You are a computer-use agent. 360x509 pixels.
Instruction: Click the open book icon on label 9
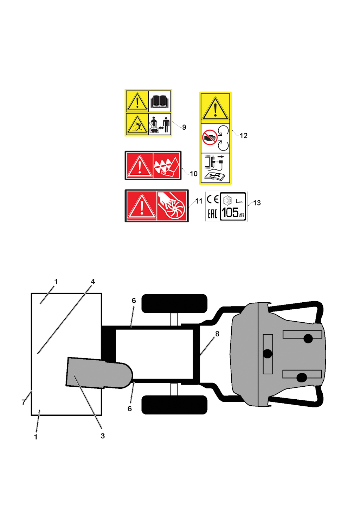pyautogui.click(x=159, y=101)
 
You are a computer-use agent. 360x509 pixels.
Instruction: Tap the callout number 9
pyautogui.click(x=184, y=127)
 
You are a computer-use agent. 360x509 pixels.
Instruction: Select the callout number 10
pyautogui.click(x=193, y=174)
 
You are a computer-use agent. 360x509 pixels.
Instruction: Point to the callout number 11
pyautogui.click(x=199, y=201)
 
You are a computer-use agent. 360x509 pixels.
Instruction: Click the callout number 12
pyautogui.click(x=243, y=136)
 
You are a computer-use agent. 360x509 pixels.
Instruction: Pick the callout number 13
pyautogui.click(x=257, y=203)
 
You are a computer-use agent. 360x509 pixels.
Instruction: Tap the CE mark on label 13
pyautogui.click(x=213, y=199)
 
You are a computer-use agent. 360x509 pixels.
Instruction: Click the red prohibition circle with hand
pyautogui.click(x=210, y=137)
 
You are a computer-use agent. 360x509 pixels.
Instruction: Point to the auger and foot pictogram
pyautogui.click(x=167, y=166)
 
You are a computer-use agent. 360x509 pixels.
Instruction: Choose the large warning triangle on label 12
pyautogui.click(x=215, y=108)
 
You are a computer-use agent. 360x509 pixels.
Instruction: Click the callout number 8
pyautogui.click(x=217, y=334)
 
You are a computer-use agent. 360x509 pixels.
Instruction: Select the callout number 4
pyautogui.click(x=93, y=282)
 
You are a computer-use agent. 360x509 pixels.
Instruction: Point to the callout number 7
pyautogui.click(x=24, y=402)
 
